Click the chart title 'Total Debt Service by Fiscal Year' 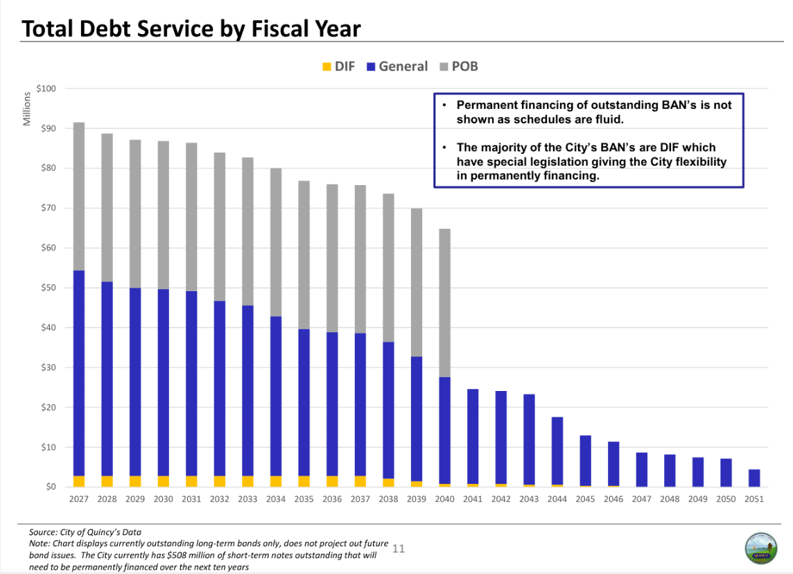pyautogui.click(x=191, y=28)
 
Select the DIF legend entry pyautogui.click(x=339, y=67)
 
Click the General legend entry pyautogui.click(x=397, y=67)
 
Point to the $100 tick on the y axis pyautogui.click(x=46, y=89)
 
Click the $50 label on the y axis pyautogui.click(x=48, y=288)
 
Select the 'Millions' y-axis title pyautogui.click(x=27, y=108)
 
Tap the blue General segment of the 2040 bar pyautogui.click(x=444, y=430)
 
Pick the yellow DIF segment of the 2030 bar pyautogui.click(x=164, y=481)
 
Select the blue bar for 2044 pyautogui.click(x=557, y=451)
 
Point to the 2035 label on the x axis pyautogui.click(x=304, y=499)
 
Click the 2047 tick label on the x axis pyautogui.click(x=642, y=499)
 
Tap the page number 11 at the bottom pyautogui.click(x=399, y=549)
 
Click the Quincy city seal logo pyautogui.click(x=760, y=548)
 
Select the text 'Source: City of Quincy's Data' pyautogui.click(x=85, y=532)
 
